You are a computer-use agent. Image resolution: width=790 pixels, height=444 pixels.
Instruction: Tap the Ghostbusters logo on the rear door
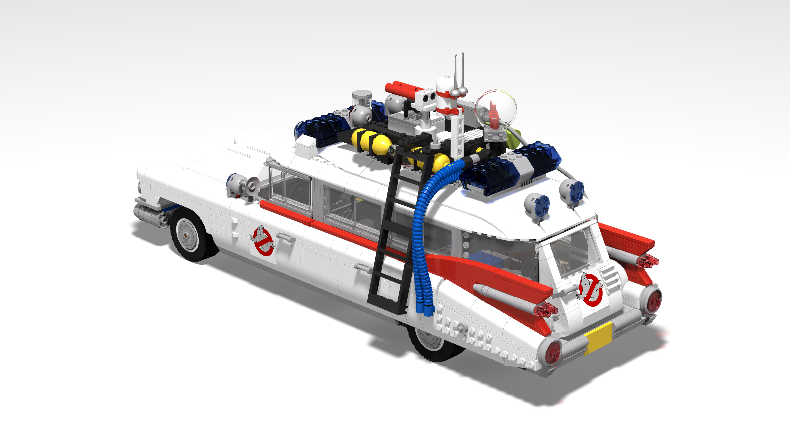pyautogui.click(x=590, y=290)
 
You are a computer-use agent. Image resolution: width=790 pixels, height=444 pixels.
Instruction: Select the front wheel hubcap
pyautogui.click(x=187, y=235)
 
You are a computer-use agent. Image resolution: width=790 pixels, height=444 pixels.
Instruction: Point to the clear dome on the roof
pyautogui.click(x=496, y=109)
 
